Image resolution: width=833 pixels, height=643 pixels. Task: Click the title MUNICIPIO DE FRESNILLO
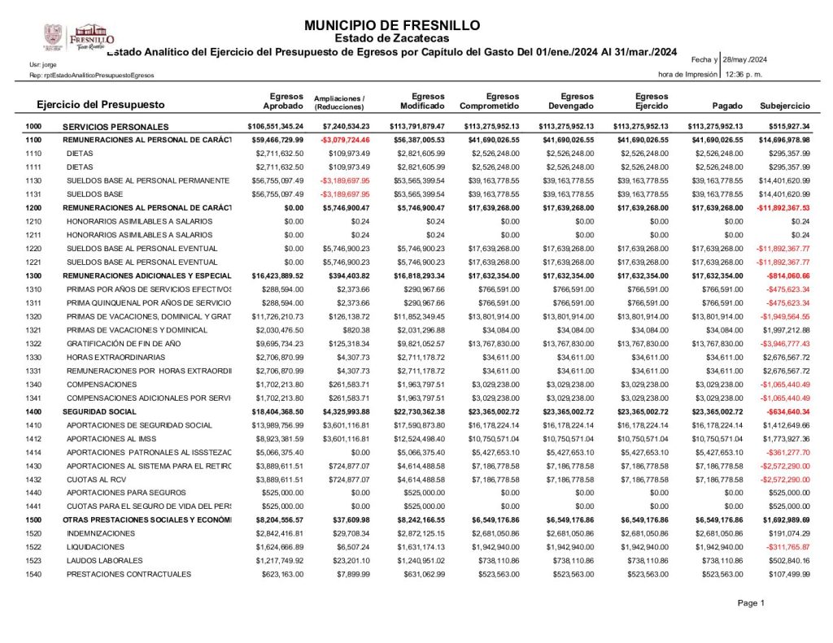click(x=392, y=25)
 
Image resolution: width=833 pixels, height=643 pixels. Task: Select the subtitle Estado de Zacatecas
click(x=392, y=38)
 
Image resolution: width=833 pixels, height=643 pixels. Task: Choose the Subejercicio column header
click(x=784, y=106)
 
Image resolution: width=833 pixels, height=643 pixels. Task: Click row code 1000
click(x=33, y=127)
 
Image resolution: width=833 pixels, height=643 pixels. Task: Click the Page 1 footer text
click(x=751, y=602)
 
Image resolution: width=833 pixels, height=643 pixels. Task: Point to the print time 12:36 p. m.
click(x=743, y=74)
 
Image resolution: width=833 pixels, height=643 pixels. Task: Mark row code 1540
click(x=33, y=575)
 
